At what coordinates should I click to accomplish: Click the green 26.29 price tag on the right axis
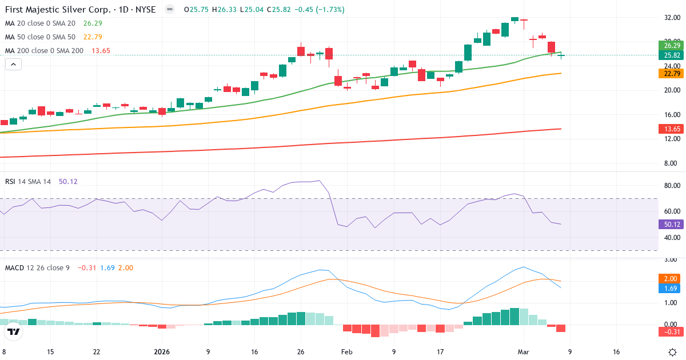(672, 45)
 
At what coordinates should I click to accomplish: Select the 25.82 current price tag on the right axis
(672, 55)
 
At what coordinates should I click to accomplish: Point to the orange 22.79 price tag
(672, 73)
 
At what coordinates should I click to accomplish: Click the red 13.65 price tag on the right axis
(672, 129)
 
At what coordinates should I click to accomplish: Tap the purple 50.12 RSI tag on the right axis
(672, 224)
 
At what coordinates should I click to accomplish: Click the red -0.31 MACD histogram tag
(672, 331)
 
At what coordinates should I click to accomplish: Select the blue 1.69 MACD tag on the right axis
(672, 289)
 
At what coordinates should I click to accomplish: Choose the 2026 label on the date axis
(161, 352)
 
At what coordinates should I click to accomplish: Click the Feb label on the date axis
(347, 352)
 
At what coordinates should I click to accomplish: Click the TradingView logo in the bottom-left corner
(14, 331)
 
